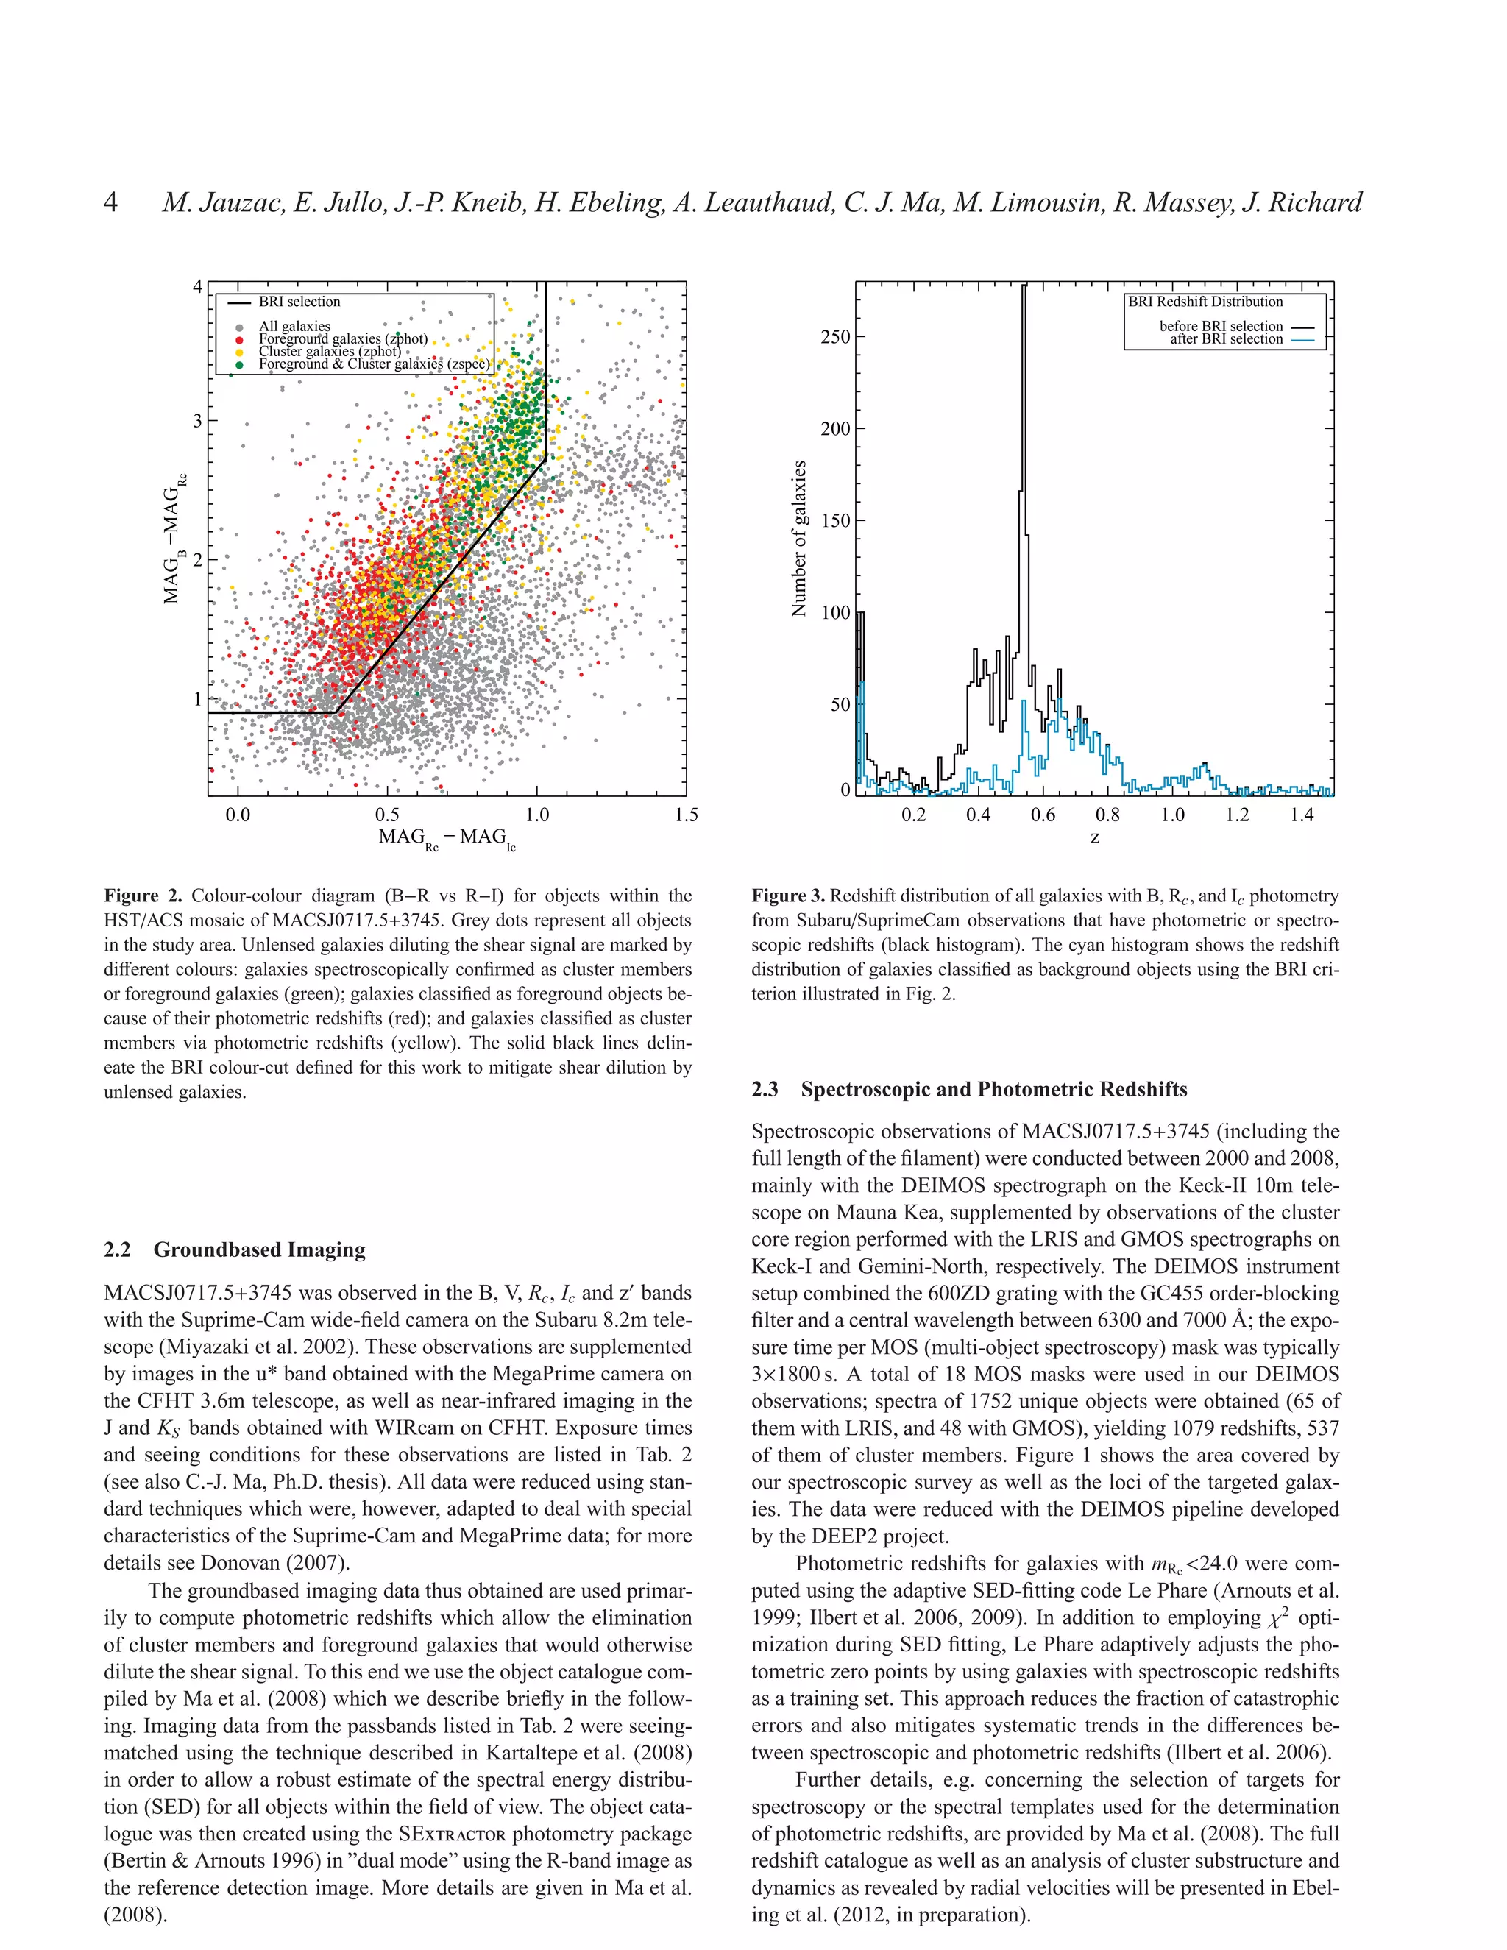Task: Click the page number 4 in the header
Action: [110, 202]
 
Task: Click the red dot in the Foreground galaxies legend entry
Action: [239, 339]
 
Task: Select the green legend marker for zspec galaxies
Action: [239, 364]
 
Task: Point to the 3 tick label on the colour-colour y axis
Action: [197, 420]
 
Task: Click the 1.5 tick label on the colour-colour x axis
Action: [686, 815]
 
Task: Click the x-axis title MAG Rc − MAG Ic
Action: [447, 838]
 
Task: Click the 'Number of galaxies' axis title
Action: [799, 539]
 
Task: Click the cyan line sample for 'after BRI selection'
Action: [1302, 340]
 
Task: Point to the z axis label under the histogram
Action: [1094, 837]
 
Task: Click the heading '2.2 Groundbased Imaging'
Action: [235, 1249]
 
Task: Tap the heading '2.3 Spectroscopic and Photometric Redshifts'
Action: [970, 1089]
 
